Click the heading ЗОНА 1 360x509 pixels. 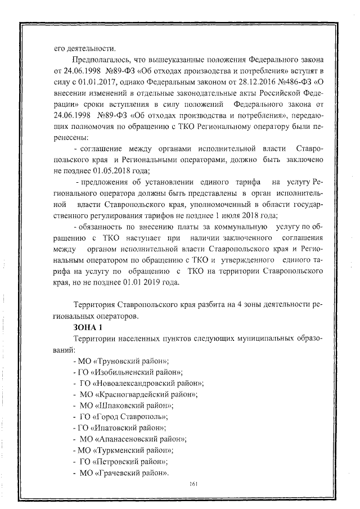[x=91, y=326]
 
